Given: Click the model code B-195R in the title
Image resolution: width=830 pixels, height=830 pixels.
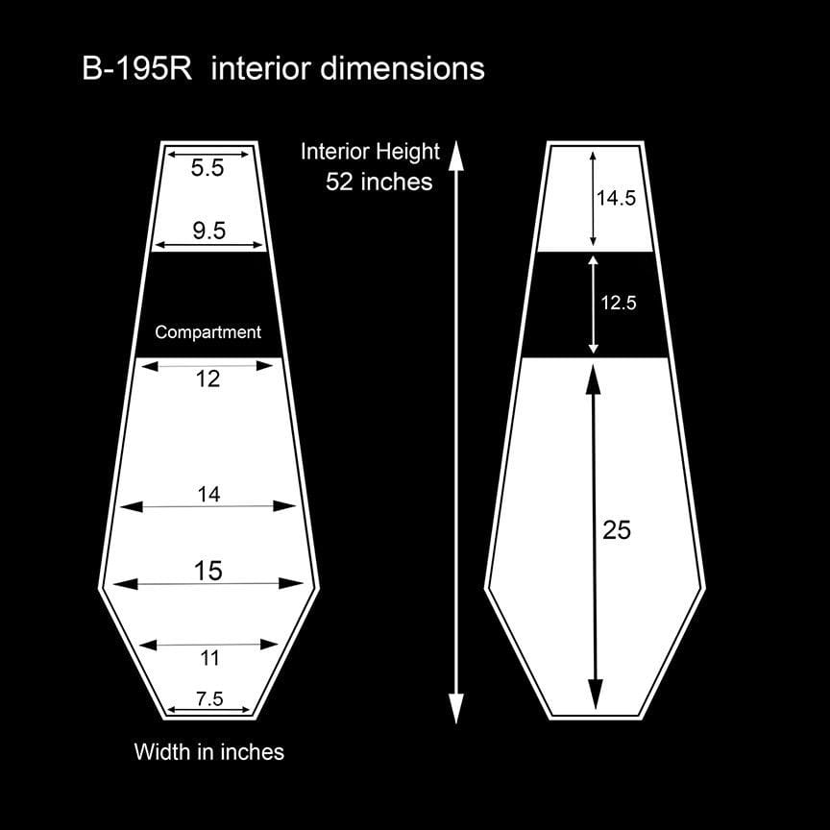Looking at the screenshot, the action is pyautogui.click(x=137, y=69).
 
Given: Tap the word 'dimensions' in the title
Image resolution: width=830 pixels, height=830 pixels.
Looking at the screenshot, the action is pyautogui.click(x=403, y=69).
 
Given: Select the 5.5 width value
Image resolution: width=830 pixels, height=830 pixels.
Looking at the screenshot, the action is pyautogui.click(x=207, y=168).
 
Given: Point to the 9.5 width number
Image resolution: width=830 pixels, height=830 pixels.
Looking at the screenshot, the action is pyautogui.click(x=209, y=231).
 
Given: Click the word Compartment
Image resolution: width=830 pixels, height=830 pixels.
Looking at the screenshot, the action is pyautogui.click(x=208, y=331).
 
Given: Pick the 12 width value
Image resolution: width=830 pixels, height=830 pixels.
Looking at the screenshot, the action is pyautogui.click(x=207, y=379).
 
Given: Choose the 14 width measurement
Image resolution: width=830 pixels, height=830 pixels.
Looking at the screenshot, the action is pyautogui.click(x=208, y=495).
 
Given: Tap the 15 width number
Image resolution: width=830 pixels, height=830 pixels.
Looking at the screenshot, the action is pyautogui.click(x=208, y=572).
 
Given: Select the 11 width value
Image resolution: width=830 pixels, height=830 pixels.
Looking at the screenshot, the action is pyautogui.click(x=209, y=658).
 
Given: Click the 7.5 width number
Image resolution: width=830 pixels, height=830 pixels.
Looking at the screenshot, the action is pyautogui.click(x=209, y=698).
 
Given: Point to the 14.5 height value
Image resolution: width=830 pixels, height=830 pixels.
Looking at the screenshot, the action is pyautogui.click(x=616, y=198).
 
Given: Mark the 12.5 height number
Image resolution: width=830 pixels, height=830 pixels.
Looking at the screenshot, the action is pyautogui.click(x=619, y=303).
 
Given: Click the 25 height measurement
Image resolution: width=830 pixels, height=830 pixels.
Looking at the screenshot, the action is pyautogui.click(x=617, y=530).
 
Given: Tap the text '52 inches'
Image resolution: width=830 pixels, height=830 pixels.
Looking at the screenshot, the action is pyautogui.click(x=379, y=182).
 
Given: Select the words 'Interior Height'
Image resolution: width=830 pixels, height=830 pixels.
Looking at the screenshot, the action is pyautogui.click(x=370, y=152).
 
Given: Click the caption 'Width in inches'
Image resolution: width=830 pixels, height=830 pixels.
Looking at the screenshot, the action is pyautogui.click(x=209, y=751).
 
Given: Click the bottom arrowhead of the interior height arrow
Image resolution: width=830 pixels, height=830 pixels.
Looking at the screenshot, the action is pyautogui.click(x=456, y=708).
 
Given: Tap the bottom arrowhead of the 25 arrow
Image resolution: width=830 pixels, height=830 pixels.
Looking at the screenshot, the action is pyautogui.click(x=596, y=695).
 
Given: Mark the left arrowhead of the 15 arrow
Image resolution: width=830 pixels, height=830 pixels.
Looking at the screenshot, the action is pyautogui.click(x=125, y=584).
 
